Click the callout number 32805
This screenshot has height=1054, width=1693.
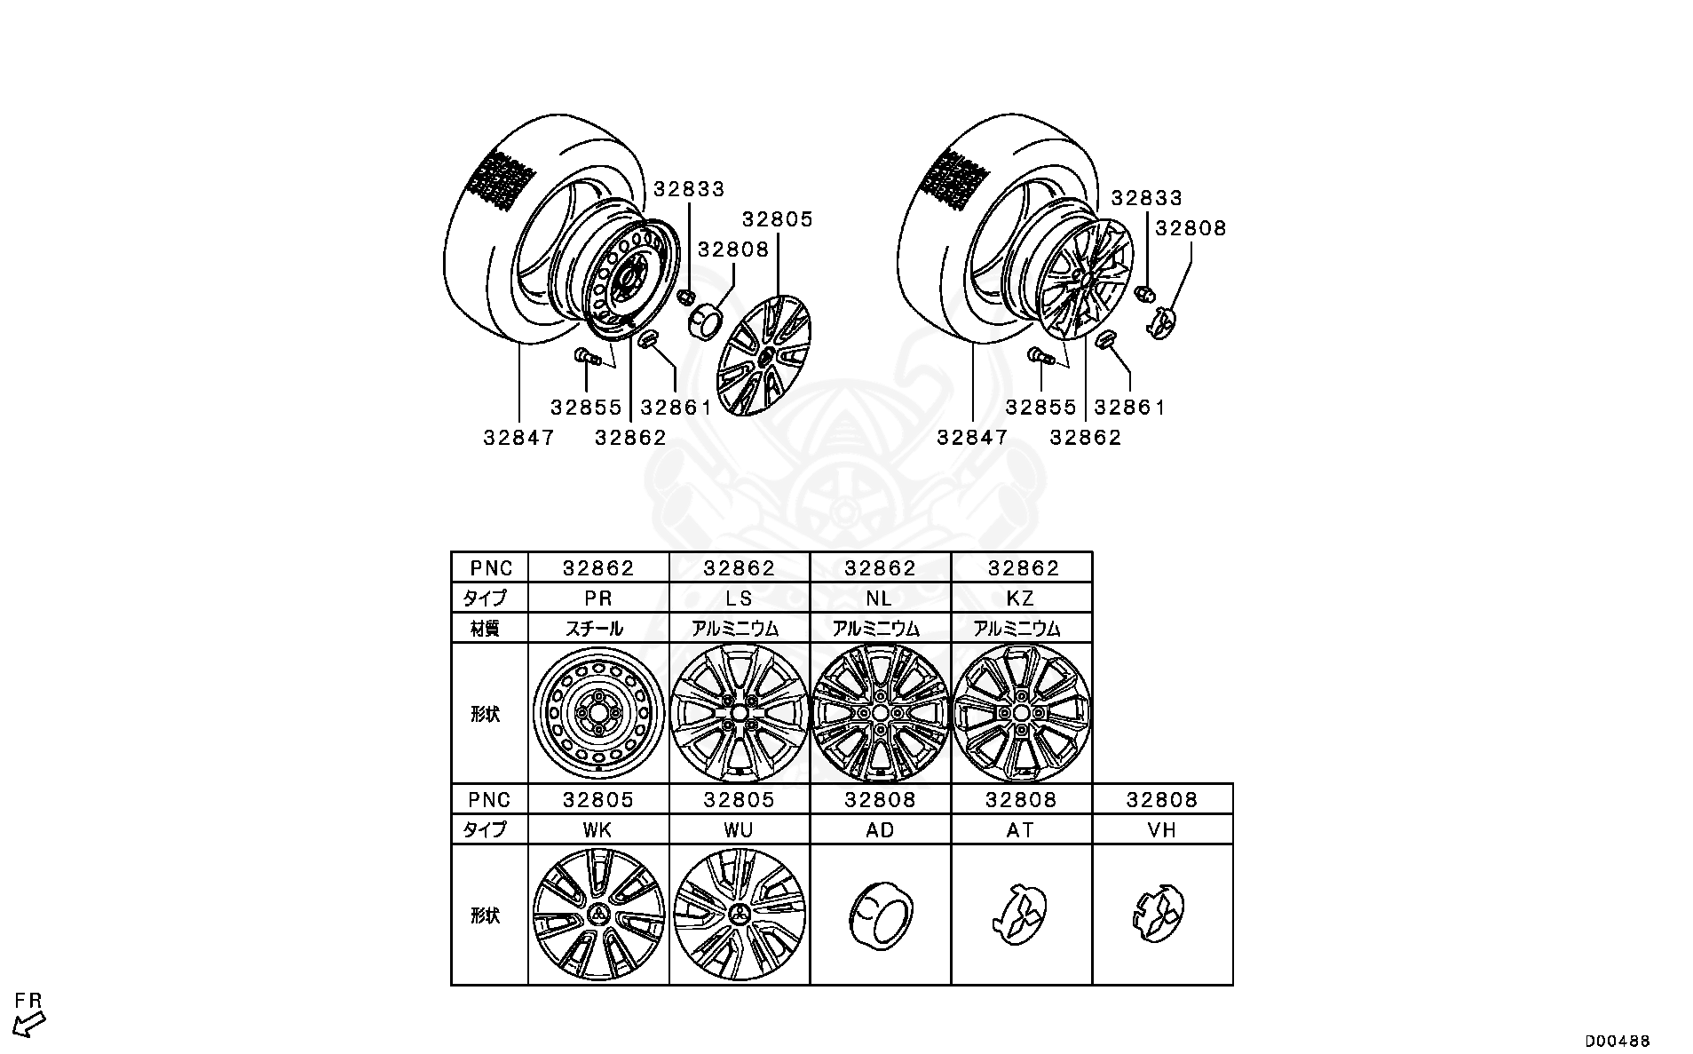coord(778,219)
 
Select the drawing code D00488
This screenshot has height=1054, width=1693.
coord(1618,1041)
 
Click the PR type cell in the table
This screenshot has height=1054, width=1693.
coord(598,598)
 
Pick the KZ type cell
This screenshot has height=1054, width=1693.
coord(1021,598)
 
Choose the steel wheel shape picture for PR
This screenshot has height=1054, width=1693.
coord(598,713)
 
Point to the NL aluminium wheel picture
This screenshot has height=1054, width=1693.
coord(880,713)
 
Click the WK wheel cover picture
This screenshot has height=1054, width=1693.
coord(598,915)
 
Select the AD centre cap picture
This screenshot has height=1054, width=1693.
coord(880,915)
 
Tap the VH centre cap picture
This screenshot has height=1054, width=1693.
coord(1162,915)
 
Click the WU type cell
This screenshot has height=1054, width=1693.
coord(739,829)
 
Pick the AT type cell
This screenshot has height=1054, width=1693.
coord(1021,829)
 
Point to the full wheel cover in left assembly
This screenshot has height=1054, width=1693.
coord(764,355)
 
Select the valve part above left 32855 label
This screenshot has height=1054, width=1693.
coord(588,356)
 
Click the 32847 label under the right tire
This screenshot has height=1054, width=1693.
coord(972,437)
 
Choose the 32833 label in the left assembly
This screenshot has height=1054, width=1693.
coord(689,189)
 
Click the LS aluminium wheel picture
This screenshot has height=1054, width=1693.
coord(739,713)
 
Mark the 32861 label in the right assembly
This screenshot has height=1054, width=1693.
coord(1129,407)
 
